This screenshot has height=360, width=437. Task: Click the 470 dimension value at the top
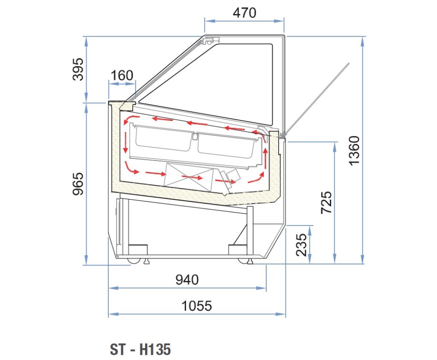point(245,13)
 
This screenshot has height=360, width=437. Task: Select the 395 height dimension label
point(78,70)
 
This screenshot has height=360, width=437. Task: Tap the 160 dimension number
point(122,75)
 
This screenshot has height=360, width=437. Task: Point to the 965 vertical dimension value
point(78,184)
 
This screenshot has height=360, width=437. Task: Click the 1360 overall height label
point(355,151)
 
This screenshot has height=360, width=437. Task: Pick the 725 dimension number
point(326,202)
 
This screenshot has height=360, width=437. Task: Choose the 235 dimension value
point(301,245)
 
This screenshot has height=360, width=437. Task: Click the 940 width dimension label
point(187,280)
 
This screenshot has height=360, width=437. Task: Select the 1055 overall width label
point(196,306)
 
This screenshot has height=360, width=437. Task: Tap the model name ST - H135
point(140,349)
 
